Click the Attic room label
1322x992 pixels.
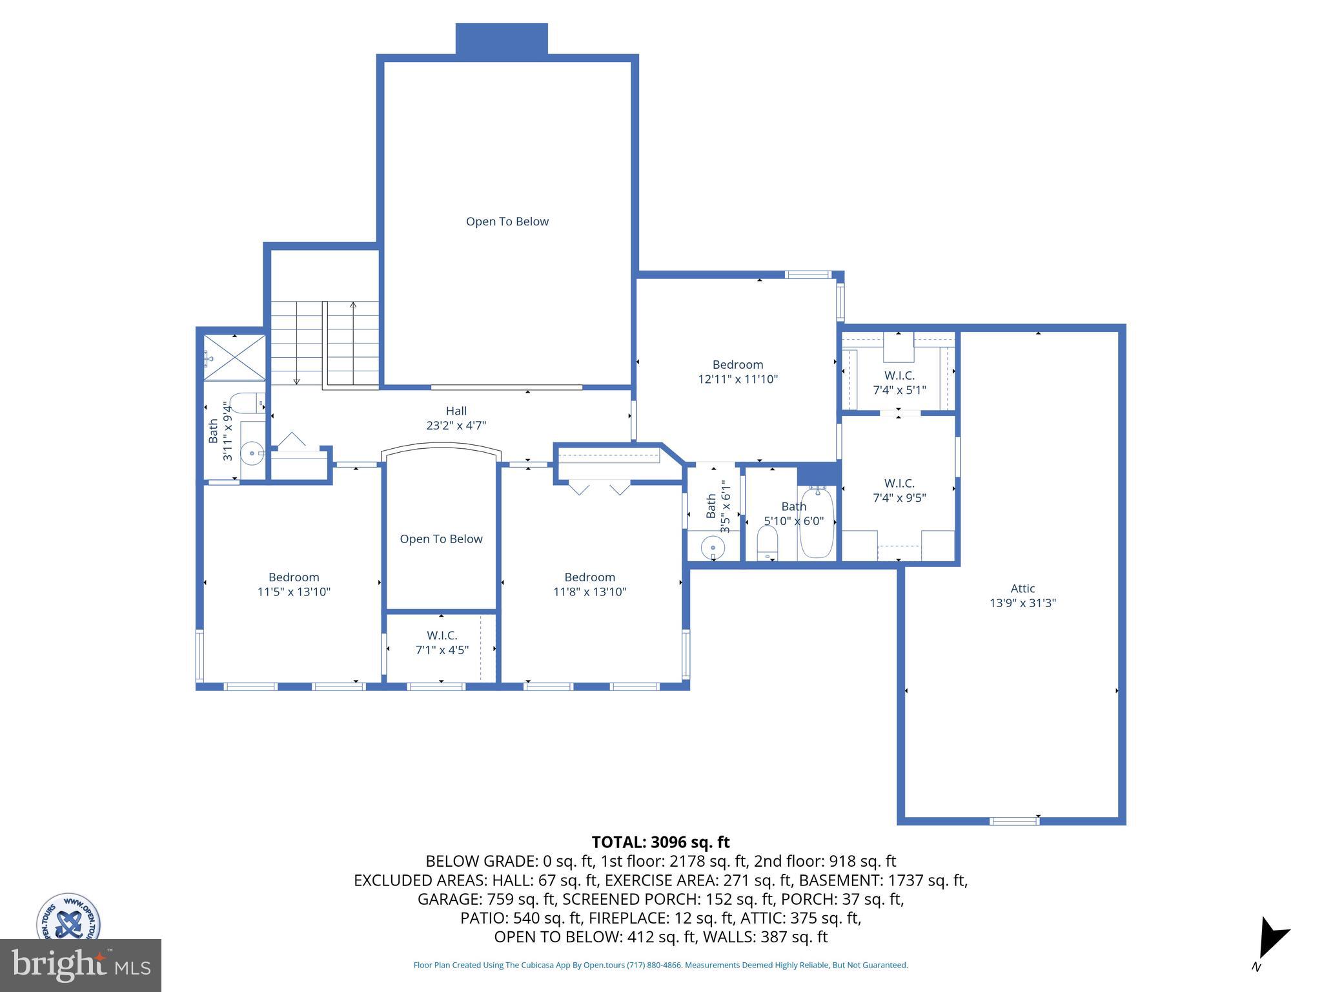tap(1022, 588)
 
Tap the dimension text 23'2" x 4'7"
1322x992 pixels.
tap(456, 426)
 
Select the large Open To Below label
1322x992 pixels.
tap(507, 222)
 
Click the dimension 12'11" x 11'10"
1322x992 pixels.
tap(738, 380)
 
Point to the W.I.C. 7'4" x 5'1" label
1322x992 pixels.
tap(899, 383)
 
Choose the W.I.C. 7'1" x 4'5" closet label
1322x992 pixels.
tap(442, 643)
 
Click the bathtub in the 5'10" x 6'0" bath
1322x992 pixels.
tap(817, 523)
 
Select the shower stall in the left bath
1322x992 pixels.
tap(234, 357)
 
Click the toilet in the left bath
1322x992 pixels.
tap(245, 404)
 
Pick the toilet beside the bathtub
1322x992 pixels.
tap(767, 542)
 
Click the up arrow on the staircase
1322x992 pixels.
tap(353, 305)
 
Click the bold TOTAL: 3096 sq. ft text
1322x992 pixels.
tap(660, 842)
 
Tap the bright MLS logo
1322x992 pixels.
tap(80, 965)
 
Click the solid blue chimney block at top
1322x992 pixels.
tap(502, 39)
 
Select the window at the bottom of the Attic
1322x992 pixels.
tap(1014, 821)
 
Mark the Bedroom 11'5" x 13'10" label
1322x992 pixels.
tap(294, 584)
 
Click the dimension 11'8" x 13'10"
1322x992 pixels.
tap(589, 592)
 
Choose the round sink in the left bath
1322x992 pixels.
tap(251, 453)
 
